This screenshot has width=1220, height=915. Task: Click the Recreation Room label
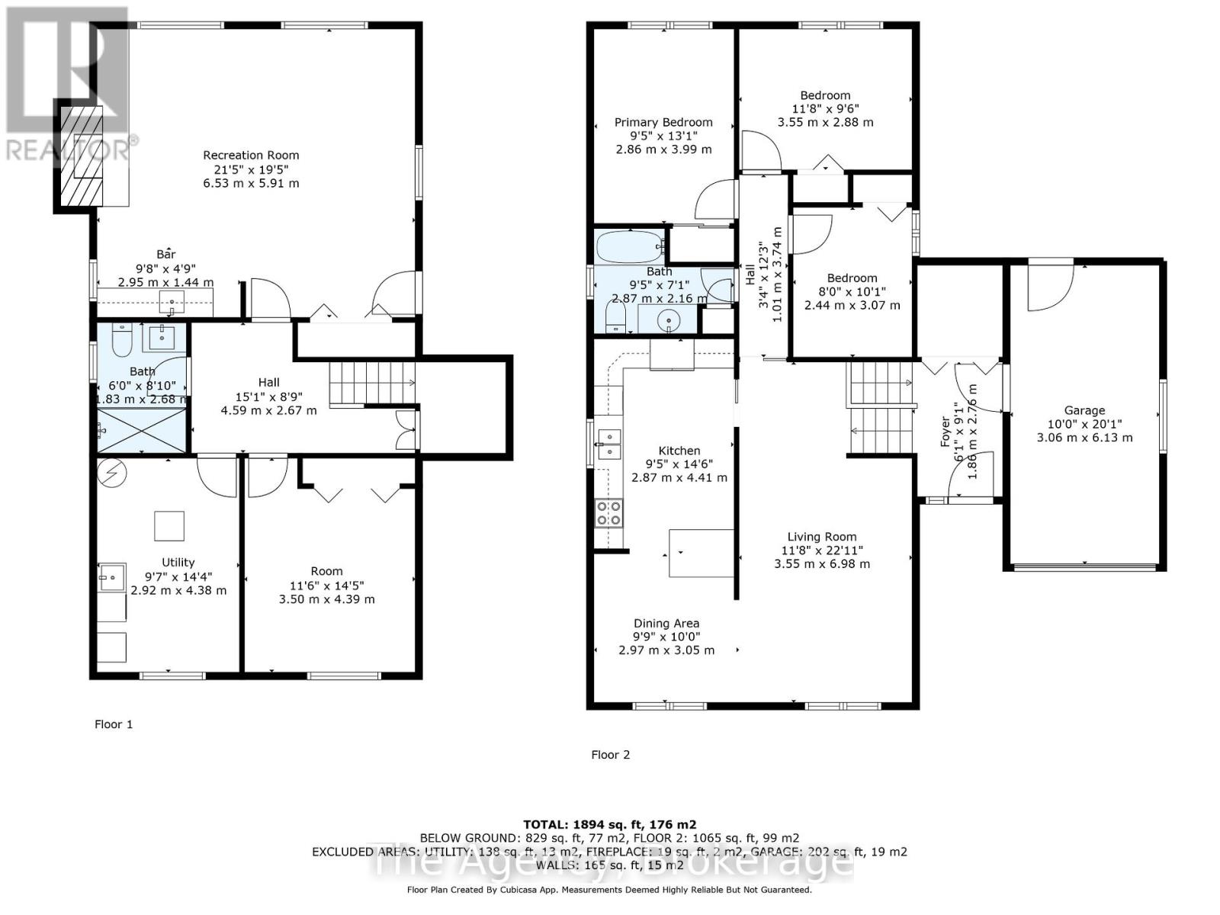(x=251, y=155)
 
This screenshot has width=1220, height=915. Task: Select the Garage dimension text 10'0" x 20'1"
(x=1084, y=424)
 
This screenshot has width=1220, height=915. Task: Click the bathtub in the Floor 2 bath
(x=629, y=248)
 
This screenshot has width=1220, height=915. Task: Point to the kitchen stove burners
(x=608, y=513)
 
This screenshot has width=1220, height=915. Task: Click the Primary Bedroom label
(x=663, y=122)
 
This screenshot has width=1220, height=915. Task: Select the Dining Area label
(x=666, y=623)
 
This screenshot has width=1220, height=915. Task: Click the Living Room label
(x=821, y=536)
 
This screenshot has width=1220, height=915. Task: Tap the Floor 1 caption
(x=114, y=724)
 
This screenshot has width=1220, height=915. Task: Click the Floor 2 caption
(x=610, y=755)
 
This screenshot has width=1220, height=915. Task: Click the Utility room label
(x=178, y=562)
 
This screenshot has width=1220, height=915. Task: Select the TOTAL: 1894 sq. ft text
(x=609, y=824)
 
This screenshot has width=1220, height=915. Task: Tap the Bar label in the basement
(x=165, y=254)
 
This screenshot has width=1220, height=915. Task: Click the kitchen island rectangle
(x=701, y=554)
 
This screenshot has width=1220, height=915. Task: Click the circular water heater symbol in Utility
(x=113, y=474)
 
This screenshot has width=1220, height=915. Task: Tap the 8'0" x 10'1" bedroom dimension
(x=852, y=291)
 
